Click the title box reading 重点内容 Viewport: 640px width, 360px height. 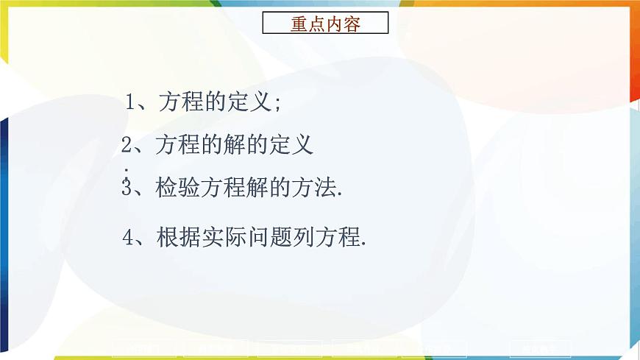tap(325, 24)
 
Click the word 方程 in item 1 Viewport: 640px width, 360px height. tap(182, 102)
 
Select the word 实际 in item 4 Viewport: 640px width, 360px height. tap(221, 237)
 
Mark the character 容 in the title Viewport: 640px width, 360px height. tap(352, 24)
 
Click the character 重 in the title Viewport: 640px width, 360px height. tap(299, 24)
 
